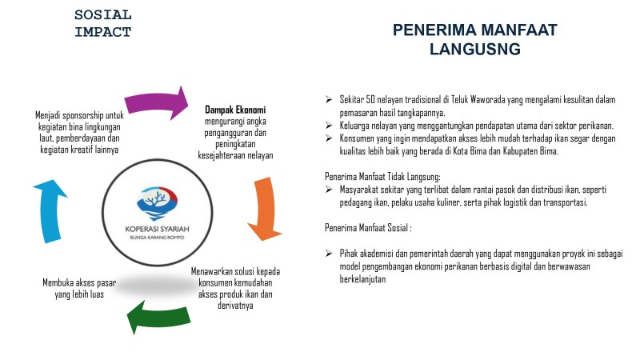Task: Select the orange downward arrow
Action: click(x=266, y=208)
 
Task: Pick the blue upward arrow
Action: click(x=50, y=210)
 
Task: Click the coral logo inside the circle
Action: click(x=157, y=203)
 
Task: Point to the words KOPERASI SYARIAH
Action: click(x=157, y=229)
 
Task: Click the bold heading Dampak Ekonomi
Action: click(x=235, y=110)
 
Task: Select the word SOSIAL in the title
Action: click(x=103, y=15)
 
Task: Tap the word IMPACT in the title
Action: click(x=103, y=32)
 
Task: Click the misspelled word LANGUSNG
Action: click(x=475, y=49)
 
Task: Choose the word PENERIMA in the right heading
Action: click(x=434, y=30)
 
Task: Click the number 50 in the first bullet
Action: click(x=370, y=99)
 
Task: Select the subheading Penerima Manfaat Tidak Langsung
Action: click(x=382, y=176)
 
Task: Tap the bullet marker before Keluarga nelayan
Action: click(x=329, y=125)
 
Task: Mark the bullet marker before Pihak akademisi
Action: click(x=329, y=253)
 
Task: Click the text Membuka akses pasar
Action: click(x=79, y=282)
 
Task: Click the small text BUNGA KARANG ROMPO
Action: click(x=157, y=237)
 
